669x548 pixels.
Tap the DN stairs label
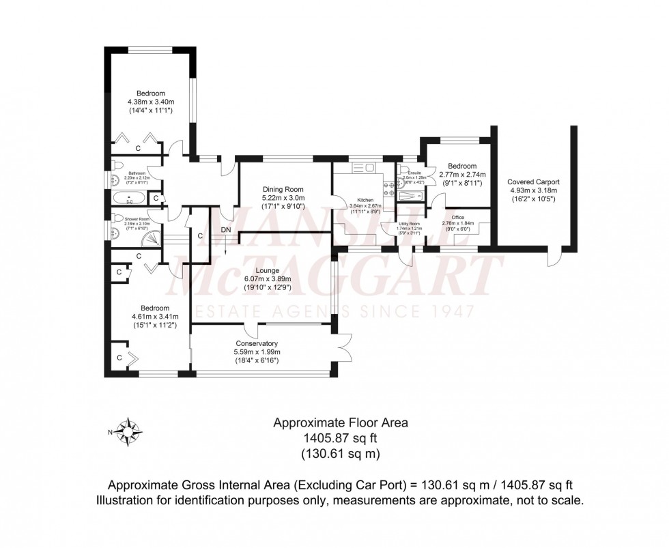[x=226, y=230]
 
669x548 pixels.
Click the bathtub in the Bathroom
[x=129, y=199]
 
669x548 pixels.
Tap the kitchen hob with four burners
[x=388, y=190]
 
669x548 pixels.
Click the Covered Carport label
[x=533, y=182]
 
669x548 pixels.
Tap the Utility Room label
[x=408, y=223]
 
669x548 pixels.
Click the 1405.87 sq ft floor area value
[x=341, y=438]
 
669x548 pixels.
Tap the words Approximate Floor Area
[x=341, y=423]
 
